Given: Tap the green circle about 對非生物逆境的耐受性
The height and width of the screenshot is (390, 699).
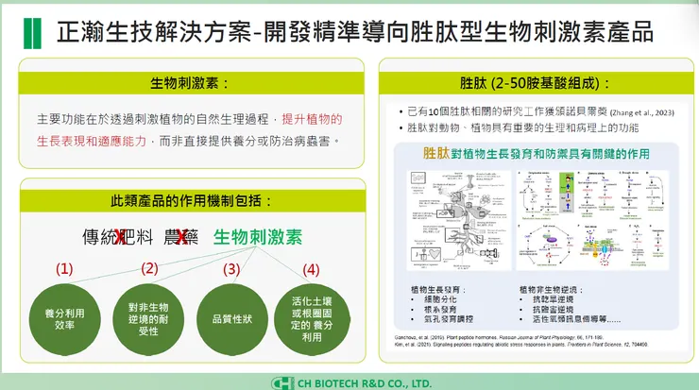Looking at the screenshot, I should point(148,318).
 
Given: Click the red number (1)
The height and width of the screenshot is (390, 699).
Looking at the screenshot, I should point(63,268).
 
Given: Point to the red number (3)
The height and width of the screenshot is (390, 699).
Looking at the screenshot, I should point(231,268).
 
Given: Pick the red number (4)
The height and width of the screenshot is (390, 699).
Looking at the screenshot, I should point(310,268).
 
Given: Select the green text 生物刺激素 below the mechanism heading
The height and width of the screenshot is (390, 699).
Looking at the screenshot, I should point(257,237).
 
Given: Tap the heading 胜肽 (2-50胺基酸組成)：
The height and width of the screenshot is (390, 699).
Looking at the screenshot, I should point(534,82).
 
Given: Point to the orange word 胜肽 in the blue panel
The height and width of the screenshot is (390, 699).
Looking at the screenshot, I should point(436,152).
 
